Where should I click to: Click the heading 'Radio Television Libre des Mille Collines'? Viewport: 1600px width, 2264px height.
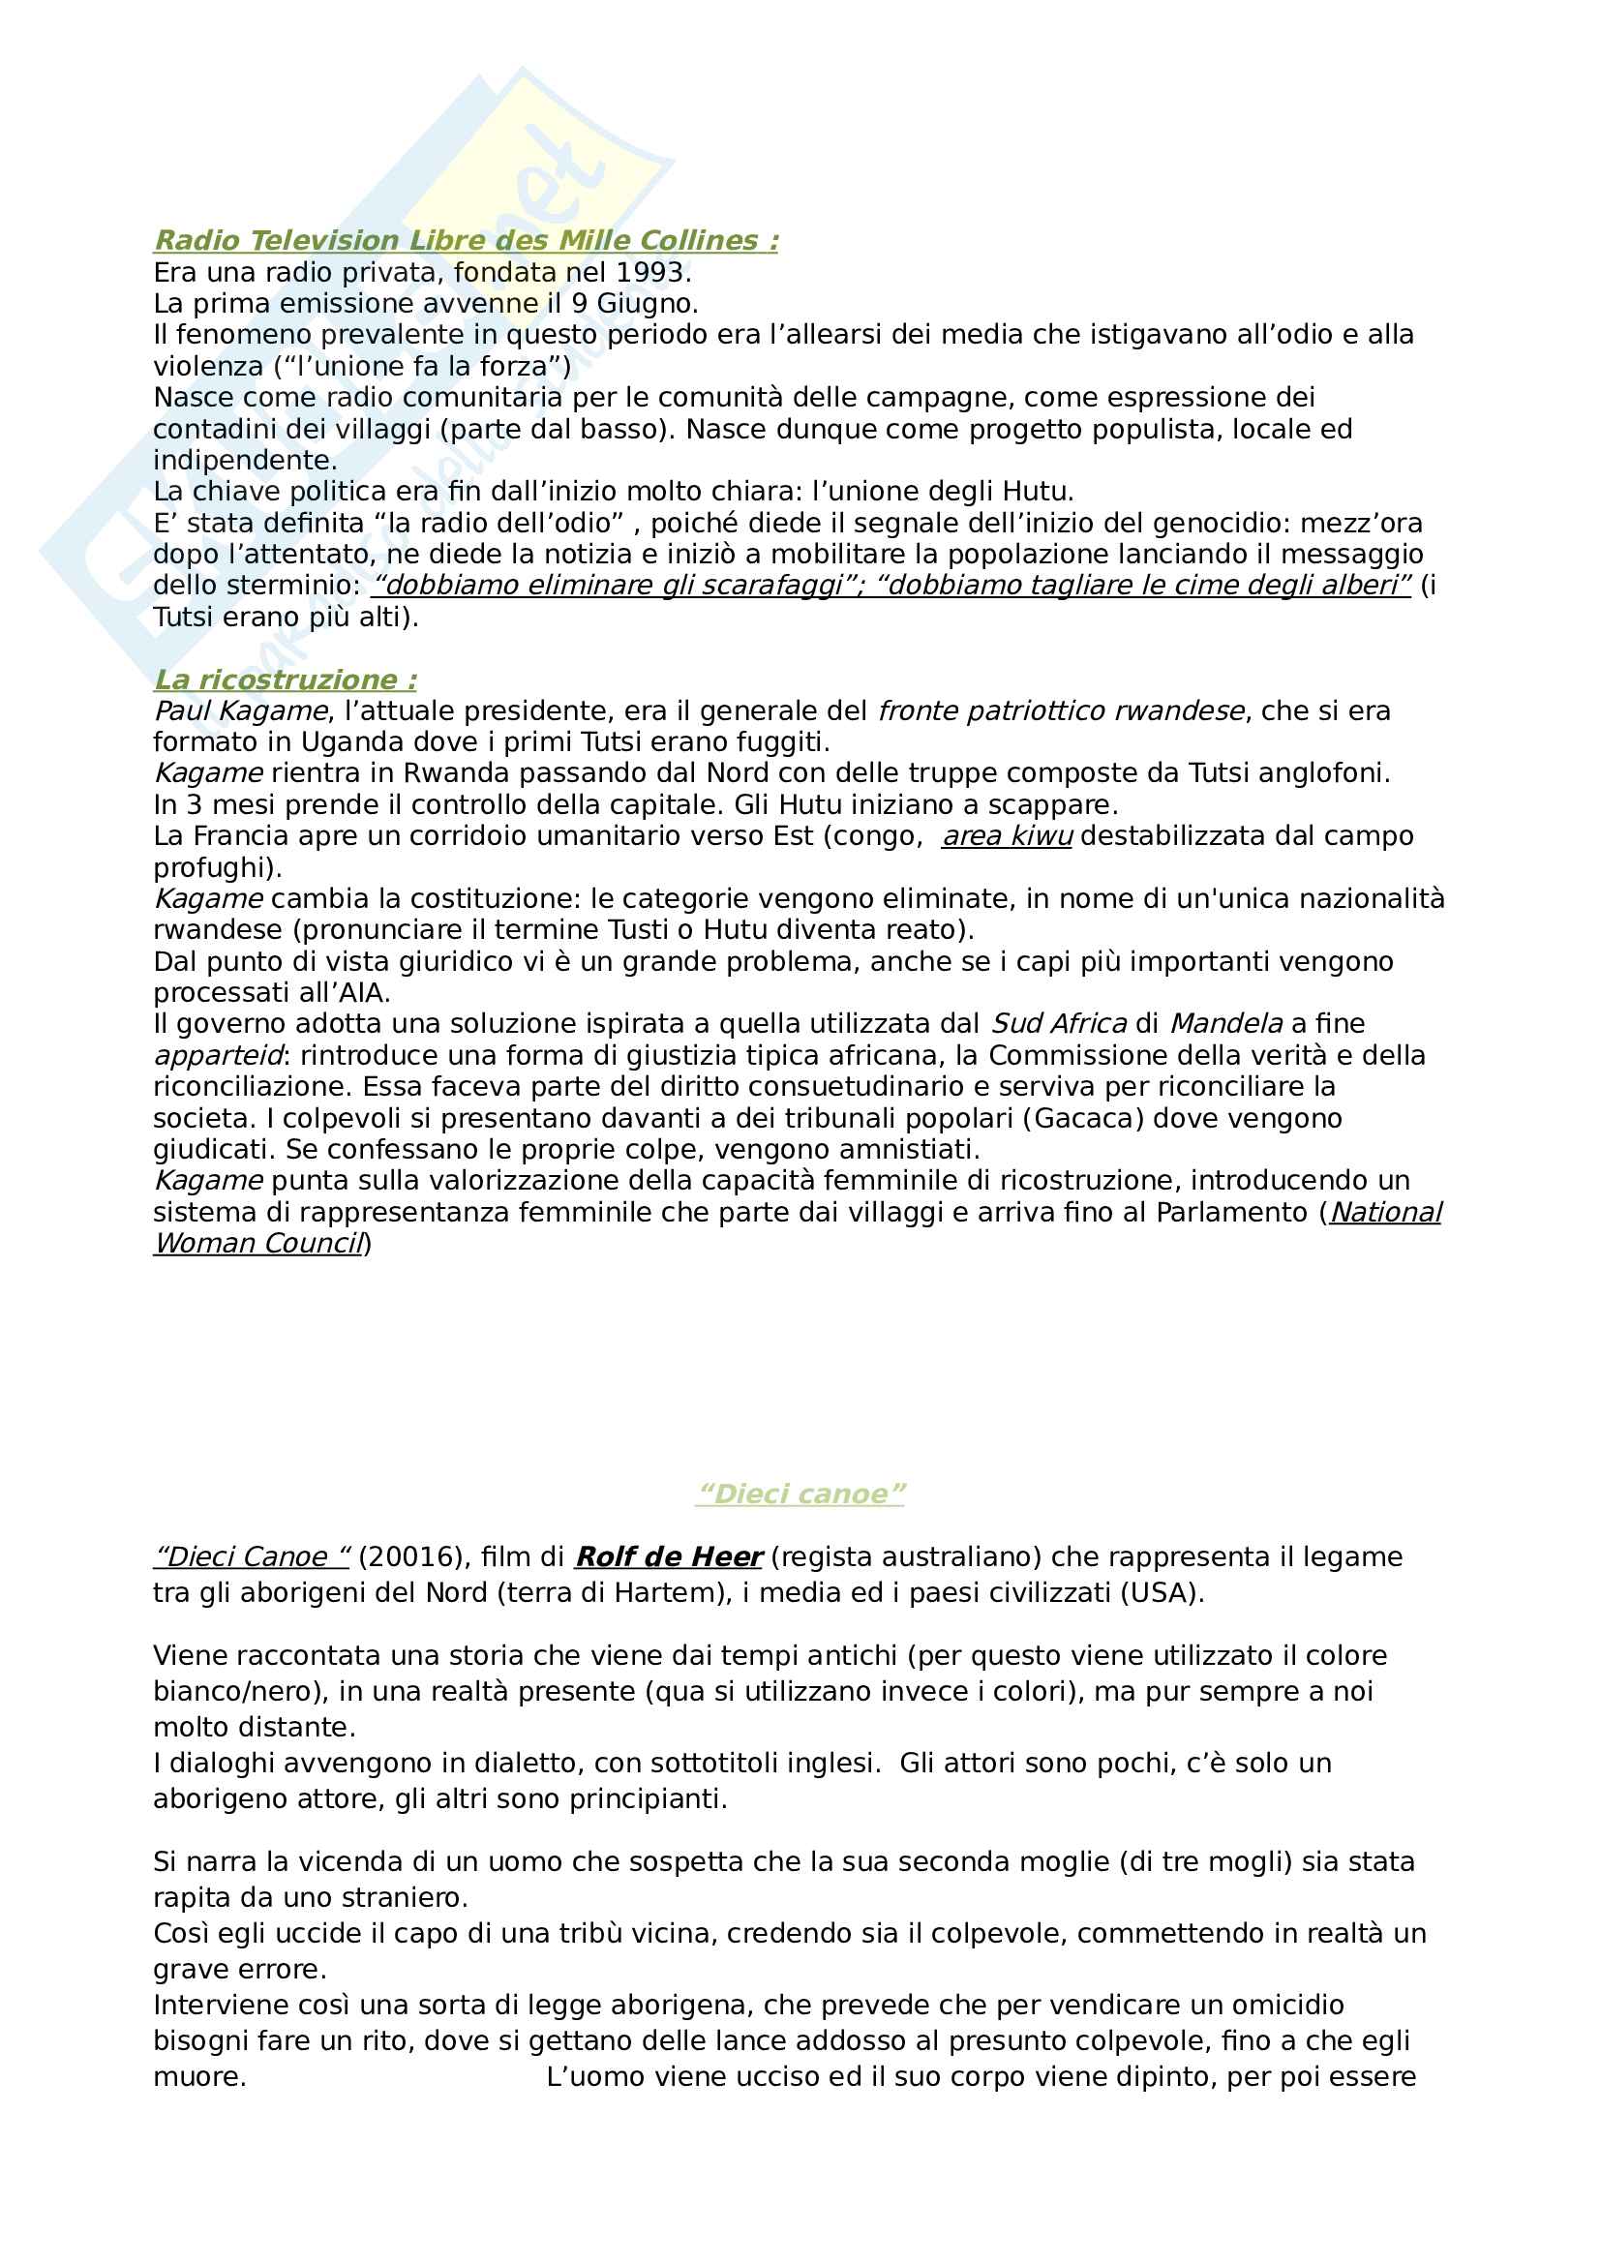tap(466, 241)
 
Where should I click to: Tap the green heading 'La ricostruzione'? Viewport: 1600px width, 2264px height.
tap(285, 679)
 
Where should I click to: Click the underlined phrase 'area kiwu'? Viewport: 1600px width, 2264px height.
tap(1007, 836)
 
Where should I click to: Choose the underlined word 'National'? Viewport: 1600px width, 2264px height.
tap(1386, 1212)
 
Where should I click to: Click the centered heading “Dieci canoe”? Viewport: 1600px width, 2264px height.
tap(800, 1494)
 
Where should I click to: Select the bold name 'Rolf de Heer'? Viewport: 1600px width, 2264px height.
tap(669, 1557)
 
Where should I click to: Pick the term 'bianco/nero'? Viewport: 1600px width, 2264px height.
tap(239, 1691)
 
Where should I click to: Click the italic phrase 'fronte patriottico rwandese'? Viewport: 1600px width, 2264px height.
tap(1061, 711)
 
